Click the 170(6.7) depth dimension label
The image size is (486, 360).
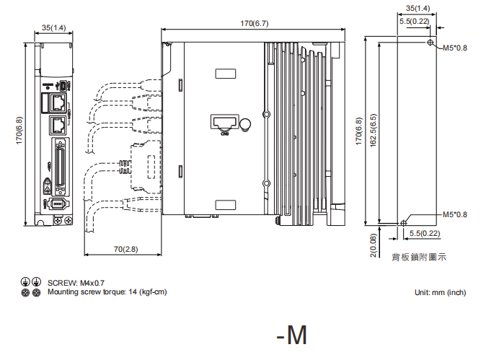click(254, 24)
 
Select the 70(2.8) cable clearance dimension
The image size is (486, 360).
click(126, 249)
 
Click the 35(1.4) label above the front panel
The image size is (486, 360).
click(53, 27)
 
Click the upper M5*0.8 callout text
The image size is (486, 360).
click(455, 48)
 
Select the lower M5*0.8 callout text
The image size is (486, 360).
click(455, 214)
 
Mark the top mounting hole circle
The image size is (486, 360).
click(430, 43)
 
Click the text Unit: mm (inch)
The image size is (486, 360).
click(440, 292)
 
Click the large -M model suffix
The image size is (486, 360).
click(291, 335)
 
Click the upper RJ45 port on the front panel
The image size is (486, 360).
click(58, 104)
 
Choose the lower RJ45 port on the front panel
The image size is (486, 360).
click(58, 125)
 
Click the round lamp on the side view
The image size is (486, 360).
click(245, 124)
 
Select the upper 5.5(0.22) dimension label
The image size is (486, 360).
click(415, 22)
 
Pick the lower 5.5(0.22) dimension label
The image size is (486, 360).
click(425, 233)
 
